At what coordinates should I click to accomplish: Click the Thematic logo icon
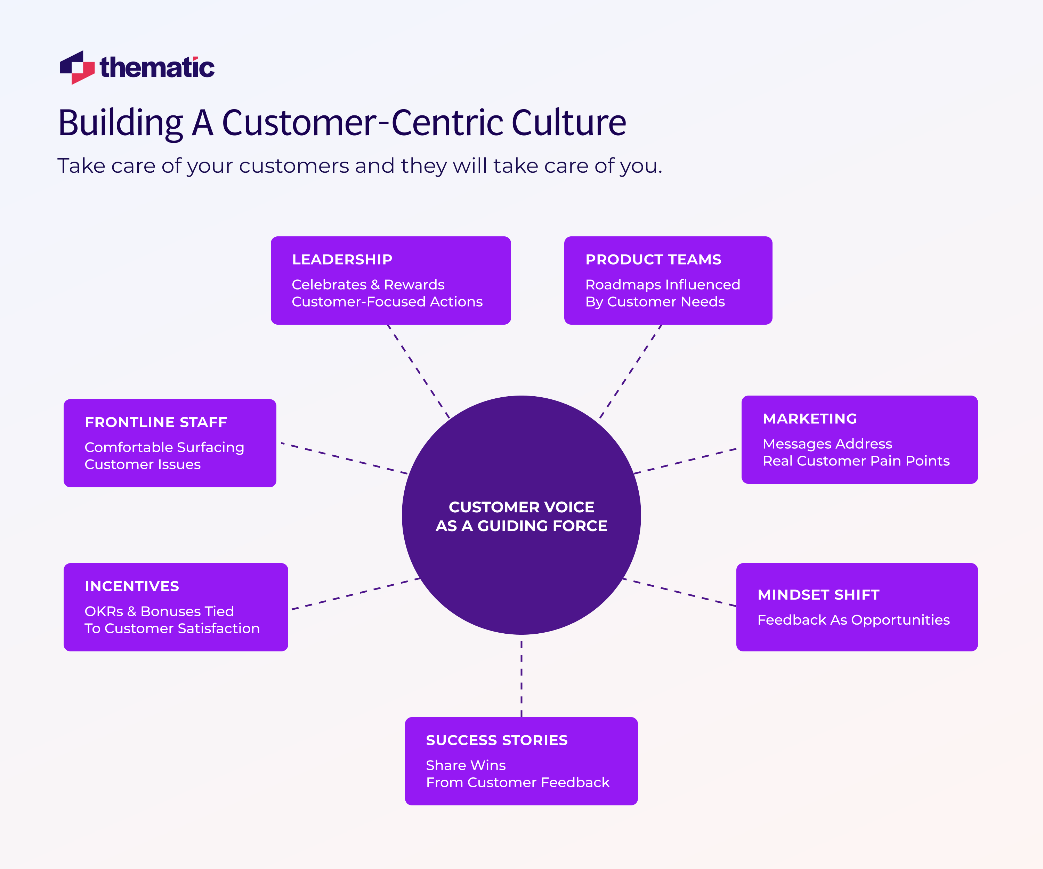pyautogui.click(x=77, y=67)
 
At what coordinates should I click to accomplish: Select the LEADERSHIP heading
pyautogui.click(x=342, y=259)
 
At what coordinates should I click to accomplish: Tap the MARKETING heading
pyautogui.click(x=810, y=419)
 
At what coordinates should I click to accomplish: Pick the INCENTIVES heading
pyautogui.click(x=132, y=586)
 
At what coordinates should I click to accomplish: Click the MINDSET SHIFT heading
pyautogui.click(x=818, y=594)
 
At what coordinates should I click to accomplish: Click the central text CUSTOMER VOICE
pyautogui.click(x=521, y=507)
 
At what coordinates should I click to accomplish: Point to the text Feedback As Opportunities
pyautogui.click(x=853, y=620)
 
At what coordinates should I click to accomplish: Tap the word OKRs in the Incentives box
pyautogui.click(x=103, y=611)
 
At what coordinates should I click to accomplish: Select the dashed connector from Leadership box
pyautogui.click(x=418, y=372)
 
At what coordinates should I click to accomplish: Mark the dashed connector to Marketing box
pyautogui.click(x=685, y=461)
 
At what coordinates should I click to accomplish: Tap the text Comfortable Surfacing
pyautogui.click(x=164, y=447)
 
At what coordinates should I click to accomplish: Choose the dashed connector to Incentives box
pyautogui.click(x=355, y=594)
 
